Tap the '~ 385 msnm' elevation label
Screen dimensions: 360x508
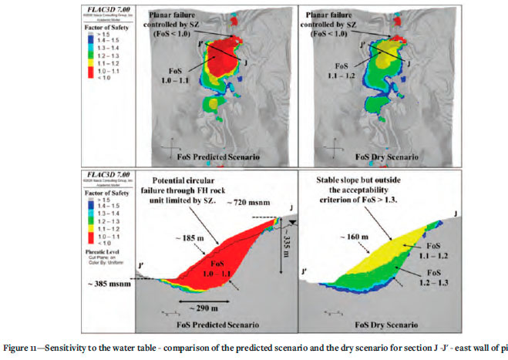[159, 287]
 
